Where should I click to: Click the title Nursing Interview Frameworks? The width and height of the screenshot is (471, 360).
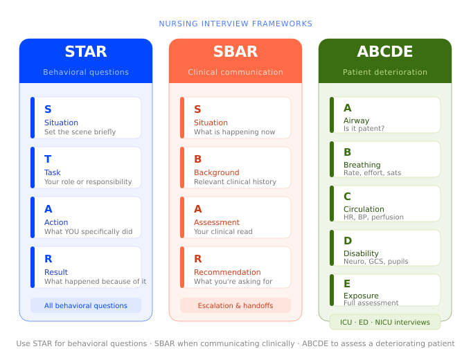(235, 24)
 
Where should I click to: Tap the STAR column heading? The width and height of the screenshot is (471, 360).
(86, 52)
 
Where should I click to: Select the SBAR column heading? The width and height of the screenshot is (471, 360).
(235, 52)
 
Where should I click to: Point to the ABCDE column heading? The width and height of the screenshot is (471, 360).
(385, 52)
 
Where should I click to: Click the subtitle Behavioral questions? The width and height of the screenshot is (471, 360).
(86, 72)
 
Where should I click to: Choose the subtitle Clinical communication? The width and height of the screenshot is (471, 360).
(235, 72)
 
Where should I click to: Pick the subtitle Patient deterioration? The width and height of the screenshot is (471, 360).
(385, 72)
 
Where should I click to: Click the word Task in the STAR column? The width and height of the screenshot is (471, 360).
(53, 172)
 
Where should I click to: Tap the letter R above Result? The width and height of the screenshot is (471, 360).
(48, 259)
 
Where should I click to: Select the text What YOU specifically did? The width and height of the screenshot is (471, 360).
(88, 232)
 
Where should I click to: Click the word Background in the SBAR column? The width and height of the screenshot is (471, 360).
(216, 172)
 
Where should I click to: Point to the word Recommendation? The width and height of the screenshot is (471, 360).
(227, 272)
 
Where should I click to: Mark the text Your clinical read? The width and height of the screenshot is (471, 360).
(223, 232)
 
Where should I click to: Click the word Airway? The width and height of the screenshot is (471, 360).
(356, 120)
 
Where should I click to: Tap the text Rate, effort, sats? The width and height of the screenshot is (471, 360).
(372, 173)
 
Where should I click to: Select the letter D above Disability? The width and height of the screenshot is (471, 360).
(348, 241)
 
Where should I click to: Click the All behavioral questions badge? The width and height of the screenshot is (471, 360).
(86, 305)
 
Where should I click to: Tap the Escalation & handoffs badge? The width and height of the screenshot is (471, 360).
(235, 305)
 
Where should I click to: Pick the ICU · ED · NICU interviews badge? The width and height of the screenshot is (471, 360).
(385, 322)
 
